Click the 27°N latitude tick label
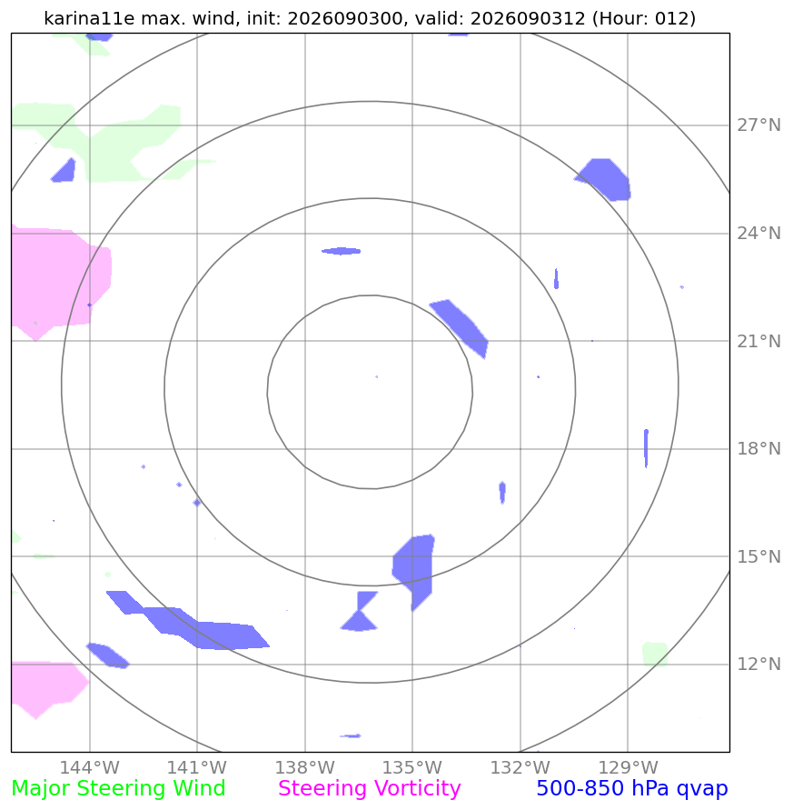pyautogui.click(x=758, y=125)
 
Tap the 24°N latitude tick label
pyautogui.click(x=758, y=234)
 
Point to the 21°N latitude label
pyautogui.click(x=758, y=342)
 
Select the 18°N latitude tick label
pyautogui.click(x=758, y=448)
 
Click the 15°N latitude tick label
pyautogui.click(x=758, y=557)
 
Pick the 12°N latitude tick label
pyautogui.click(x=758, y=664)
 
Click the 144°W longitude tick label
pyautogui.click(x=89, y=767)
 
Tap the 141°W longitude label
pyautogui.click(x=197, y=767)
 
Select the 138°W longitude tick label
pyautogui.click(x=304, y=767)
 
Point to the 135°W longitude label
pyautogui.click(x=412, y=767)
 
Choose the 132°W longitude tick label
pyautogui.click(x=520, y=767)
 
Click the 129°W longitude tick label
pyautogui.click(x=628, y=767)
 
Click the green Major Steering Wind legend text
pyautogui.click(x=118, y=789)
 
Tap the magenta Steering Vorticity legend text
pyautogui.click(x=369, y=789)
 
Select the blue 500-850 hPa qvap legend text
pyautogui.click(x=632, y=789)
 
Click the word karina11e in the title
pyautogui.click(x=89, y=18)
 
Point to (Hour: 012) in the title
pyautogui.click(x=644, y=18)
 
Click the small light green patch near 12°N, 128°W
pyautogui.click(x=655, y=654)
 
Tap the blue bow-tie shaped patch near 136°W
pyautogui.click(x=360, y=612)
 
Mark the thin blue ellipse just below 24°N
pyautogui.click(x=342, y=251)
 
